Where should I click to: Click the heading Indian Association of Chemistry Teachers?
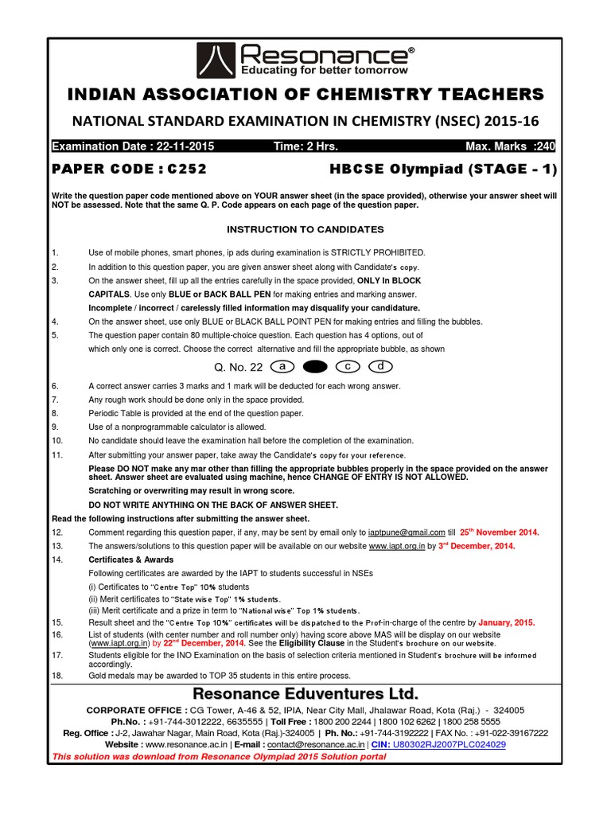pos(305,96)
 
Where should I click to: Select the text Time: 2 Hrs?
pos(306,147)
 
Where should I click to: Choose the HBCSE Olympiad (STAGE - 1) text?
pos(444,169)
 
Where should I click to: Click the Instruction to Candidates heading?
pos(305,229)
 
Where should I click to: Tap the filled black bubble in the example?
pos(316,367)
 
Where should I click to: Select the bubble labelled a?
pos(282,367)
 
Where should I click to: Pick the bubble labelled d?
pos(382,367)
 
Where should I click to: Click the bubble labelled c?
pos(348,367)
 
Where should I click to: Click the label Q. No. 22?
pos(237,368)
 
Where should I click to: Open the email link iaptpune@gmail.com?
pos(406,532)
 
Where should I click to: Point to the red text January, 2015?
pos(508,622)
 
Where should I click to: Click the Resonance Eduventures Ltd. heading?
pos(305,691)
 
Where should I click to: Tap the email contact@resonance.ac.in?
pos(315,743)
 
